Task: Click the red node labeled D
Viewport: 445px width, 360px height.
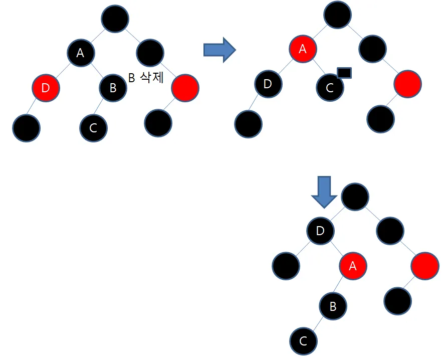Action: pyautogui.click(x=46, y=88)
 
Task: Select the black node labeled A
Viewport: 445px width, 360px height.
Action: pyautogui.click(x=81, y=52)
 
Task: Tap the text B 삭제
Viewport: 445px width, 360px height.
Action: pyautogui.click(x=147, y=78)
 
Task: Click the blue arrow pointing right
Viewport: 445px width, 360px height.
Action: pyautogui.click(x=219, y=50)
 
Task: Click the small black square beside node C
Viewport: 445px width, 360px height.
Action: pyautogui.click(x=344, y=73)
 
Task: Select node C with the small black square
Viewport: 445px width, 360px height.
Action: pyautogui.click(x=330, y=87)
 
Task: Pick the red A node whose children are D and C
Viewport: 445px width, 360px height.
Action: pyautogui.click(x=302, y=49)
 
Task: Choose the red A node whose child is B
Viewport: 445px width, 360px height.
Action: pyautogui.click(x=353, y=266)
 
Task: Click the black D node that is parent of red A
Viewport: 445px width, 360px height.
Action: pyautogui.click(x=321, y=231)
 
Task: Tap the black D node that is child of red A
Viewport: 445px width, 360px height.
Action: pyautogui.click(x=268, y=84)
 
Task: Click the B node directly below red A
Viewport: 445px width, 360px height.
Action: pyautogui.click(x=332, y=305)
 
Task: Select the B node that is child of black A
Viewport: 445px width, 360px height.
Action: pyautogui.click(x=113, y=88)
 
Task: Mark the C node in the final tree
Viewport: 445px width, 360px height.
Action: pyautogui.click(x=303, y=341)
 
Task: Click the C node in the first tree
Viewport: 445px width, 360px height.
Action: pyautogui.click(x=93, y=127)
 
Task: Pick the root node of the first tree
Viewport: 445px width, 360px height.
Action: pyautogui.click(x=115, y=19)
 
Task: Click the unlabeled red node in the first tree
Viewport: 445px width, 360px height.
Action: pyautogui.click(x=185, y=88)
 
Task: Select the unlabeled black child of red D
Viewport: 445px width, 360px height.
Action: pyautogui.click(x=26, y=127)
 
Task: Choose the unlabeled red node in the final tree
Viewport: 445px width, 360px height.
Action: pyautogui.click(x=425, y=266)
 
